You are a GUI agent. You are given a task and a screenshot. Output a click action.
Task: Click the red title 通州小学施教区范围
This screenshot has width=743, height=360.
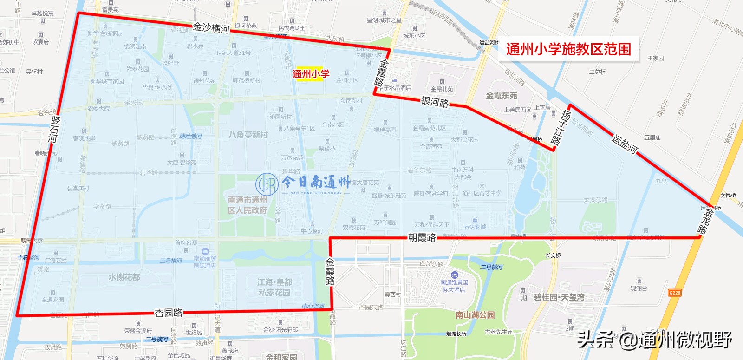pyautogui.click(x=568, y=49)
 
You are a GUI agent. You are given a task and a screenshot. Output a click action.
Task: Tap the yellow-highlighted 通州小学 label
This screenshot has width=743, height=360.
pyautogui.click(x=311, y=74)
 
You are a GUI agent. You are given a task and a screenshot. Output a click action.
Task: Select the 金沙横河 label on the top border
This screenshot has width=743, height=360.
pyautogui.click(x=211, y=28)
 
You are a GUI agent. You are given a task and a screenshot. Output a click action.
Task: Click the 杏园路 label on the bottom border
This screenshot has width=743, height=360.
pyautogui.click(x=169, y=313)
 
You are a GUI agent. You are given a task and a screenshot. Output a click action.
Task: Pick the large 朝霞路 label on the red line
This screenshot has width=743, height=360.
pyautogui.click(x=422, y=237)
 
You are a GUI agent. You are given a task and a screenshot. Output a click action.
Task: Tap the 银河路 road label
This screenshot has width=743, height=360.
pyautogui.click(x=435, y=102)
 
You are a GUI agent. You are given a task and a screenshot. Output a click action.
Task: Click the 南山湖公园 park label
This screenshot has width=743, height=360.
pyautogui.click(x=475, y=315)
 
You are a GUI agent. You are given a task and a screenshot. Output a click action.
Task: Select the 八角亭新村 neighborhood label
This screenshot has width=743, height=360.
pyautogui.click(x=248, y=135)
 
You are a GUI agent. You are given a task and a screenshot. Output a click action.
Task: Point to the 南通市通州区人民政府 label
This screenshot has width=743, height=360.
pyautogui.click(x=248, y=205)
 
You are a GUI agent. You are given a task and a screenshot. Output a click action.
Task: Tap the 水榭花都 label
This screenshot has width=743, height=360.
pyautogui.click(x=124, y=277)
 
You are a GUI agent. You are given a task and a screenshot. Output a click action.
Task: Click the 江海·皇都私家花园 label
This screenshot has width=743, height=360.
pyautogui.click(x=274, y=287)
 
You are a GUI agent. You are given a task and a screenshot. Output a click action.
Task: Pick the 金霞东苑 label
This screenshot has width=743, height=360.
pyautogui.click(x=502, y=96)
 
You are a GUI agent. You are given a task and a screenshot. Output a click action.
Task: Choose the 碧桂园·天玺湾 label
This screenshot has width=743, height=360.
pyautogui.click(x=559, y=297)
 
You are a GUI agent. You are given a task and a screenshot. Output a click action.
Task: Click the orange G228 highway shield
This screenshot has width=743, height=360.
pyautogui.click(x=674, y=293)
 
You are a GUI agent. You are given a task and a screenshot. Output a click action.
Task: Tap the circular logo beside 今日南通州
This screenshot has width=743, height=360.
pyautogui.click(x=267, y=184)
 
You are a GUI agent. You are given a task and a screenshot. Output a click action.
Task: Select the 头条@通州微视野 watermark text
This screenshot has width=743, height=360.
pyautogui.click(x=655, y=340)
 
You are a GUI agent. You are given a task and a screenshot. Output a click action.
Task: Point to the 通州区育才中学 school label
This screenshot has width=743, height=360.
pyautogui.click(x=482, y=193)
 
